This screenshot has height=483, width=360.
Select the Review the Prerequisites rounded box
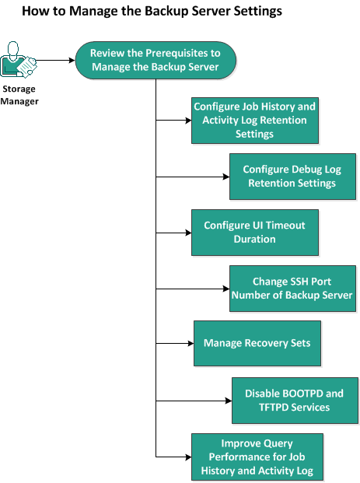[155, 60]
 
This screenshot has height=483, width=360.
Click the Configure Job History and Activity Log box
[254, 120]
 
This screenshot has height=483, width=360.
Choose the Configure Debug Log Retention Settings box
[292, 177]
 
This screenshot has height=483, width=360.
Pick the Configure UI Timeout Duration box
[254, 232]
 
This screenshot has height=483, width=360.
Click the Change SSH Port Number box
[292, 289]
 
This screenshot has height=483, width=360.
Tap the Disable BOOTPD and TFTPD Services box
[294, 401]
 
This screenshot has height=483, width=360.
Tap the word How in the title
[36, 12]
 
